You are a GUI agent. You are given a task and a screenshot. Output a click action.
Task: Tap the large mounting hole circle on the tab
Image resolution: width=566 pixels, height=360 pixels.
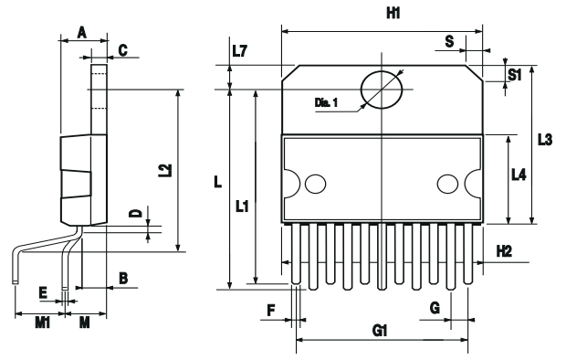point(382,89)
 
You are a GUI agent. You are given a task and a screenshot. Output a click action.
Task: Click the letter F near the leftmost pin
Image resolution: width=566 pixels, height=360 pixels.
point(270,311)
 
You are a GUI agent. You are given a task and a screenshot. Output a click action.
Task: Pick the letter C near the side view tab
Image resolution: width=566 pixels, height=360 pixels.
point(122,48)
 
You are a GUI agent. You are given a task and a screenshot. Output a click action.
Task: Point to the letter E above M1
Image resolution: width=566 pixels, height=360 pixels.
point(42,293)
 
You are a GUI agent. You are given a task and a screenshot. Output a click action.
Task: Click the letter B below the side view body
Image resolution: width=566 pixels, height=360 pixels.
point(122,276)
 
